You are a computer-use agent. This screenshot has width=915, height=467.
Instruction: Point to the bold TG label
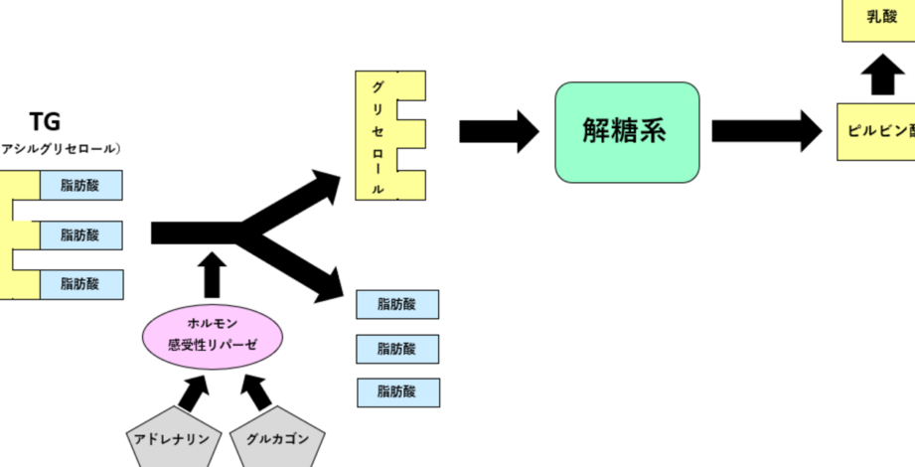(45, 122)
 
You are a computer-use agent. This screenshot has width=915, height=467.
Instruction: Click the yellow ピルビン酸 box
(879, 131)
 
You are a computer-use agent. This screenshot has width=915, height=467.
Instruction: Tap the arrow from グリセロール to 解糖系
(498, 131)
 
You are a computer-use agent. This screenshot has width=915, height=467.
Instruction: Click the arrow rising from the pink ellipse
(211, 275)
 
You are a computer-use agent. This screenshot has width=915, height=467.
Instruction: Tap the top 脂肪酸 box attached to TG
(80, 186)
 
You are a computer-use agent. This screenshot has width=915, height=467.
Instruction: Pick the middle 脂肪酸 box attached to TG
(80, 235)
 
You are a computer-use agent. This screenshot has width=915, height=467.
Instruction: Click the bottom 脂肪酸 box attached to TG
(80, 284)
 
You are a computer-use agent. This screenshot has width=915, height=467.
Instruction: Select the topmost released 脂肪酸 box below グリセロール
(397, 305)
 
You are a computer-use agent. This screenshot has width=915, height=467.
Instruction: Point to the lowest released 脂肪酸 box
(397, 390)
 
